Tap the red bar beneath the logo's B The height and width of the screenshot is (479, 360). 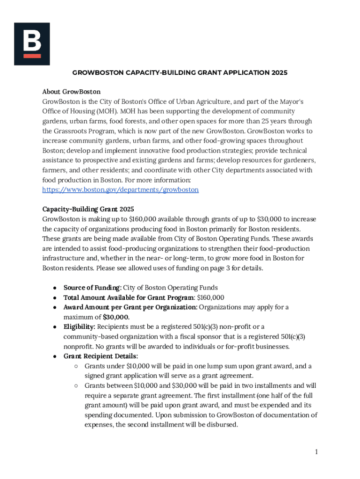click(32, 56)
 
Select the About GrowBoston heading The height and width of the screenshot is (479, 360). click(72, 92)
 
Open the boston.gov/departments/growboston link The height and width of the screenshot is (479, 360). click(120, 190)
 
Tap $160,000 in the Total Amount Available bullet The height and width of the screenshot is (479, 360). click(210, 298)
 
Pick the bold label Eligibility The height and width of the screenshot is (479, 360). click(79, 327)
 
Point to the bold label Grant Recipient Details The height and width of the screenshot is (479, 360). click(101, 356)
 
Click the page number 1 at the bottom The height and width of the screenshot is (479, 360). click(316, 451)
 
